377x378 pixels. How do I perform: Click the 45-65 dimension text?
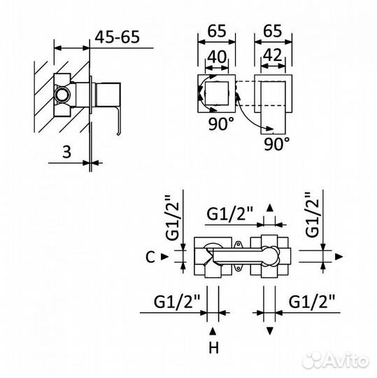[117, 37]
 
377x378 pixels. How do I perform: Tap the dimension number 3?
[66, 152]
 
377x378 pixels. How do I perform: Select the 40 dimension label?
[217, 57]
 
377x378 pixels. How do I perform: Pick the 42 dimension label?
[273, 55]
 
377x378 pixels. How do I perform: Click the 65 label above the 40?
[217, 31]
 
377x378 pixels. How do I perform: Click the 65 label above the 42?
[273, 31]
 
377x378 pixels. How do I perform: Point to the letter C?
[150, 257]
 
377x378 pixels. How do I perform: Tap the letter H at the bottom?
[213, 348]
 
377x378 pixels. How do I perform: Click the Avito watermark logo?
[336, 360]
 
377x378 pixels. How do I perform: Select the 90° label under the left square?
[221, 124]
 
